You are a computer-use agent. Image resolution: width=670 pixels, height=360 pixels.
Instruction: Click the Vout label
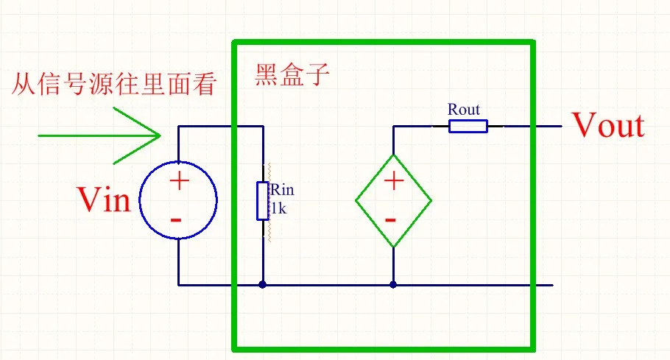click(x=608, y=126)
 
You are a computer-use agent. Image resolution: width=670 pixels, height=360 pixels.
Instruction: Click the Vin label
click(x=104, y=200)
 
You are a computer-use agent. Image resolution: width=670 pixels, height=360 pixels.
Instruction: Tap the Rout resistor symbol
click(x=468, y=126)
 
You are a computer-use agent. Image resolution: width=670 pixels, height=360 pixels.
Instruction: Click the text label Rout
click(x=464, y=110)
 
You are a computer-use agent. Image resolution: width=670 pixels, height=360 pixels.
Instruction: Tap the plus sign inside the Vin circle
click(x=180, y=180)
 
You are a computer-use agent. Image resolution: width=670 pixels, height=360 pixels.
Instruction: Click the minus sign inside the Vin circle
click(x=177, y=219)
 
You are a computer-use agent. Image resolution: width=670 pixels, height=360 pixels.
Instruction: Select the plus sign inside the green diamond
click(x=393, y=180)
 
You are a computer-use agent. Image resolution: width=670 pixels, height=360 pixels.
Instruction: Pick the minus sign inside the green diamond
click(x=392, y=219)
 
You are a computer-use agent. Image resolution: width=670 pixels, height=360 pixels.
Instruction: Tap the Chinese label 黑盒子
click(x=289, y=76)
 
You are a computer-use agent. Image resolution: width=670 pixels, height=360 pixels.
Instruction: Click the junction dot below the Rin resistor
click(x=263, y=284)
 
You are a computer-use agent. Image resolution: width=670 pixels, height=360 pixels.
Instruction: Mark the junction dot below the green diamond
click(x=393, y=284)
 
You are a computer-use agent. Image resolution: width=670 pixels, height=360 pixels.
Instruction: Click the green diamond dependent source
click(x=393, y=200)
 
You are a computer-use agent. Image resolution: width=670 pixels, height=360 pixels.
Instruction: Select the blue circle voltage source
click(x=179, y=200)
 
